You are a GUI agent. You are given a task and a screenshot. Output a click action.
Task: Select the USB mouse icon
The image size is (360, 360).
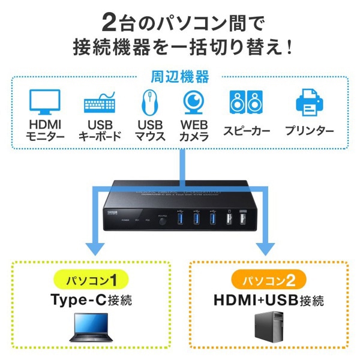point(147,103)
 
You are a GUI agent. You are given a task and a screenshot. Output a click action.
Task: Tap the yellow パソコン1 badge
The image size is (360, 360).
point(89,280)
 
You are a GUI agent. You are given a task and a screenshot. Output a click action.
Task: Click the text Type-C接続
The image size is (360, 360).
point(89,300)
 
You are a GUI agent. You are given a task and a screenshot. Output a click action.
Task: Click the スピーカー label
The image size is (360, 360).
point(247,130)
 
